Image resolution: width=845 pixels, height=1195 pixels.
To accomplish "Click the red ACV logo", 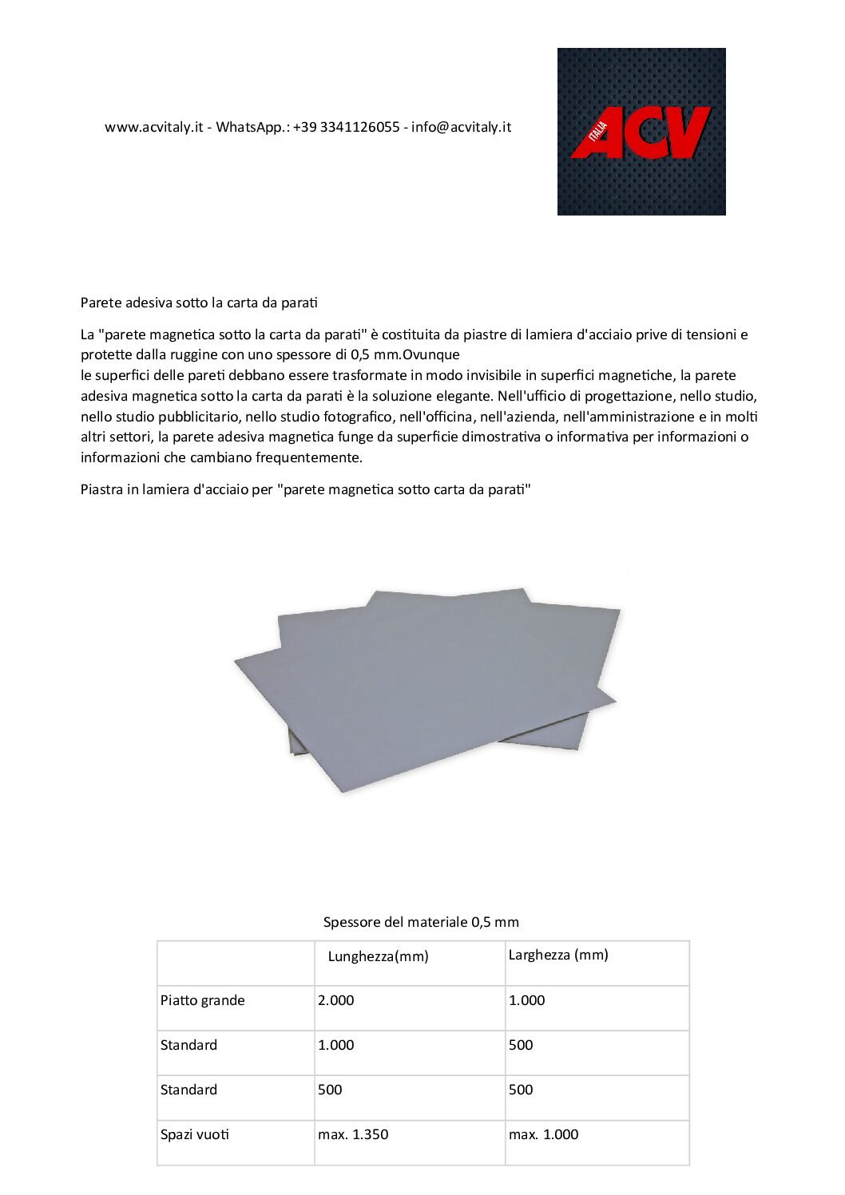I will (641, 133).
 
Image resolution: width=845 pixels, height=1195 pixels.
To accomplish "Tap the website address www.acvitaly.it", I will (153, 127).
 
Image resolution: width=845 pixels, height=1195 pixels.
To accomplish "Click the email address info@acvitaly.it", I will (461, 127).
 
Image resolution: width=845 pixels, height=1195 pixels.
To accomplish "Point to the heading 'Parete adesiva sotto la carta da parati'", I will (199, 303).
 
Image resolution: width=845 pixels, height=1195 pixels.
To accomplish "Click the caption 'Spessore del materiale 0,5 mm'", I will (421, 922).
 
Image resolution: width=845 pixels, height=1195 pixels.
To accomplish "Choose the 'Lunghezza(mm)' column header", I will (378, 956).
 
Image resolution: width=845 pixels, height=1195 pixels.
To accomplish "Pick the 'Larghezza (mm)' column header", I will (558, 955).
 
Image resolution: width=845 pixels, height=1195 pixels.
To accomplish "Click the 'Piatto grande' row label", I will (203, 1000).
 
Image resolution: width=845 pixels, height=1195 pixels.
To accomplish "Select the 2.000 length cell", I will (336, 1000).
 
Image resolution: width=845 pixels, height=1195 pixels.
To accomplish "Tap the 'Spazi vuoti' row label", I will (195, 1134).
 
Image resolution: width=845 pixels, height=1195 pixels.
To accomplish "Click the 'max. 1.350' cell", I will (353, 1134).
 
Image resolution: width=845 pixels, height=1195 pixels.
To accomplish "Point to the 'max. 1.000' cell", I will (543, 1134).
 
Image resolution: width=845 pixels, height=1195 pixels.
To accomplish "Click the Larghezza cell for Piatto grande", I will (527, 1000).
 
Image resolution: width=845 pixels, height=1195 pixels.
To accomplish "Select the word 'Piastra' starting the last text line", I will (101, 489).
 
